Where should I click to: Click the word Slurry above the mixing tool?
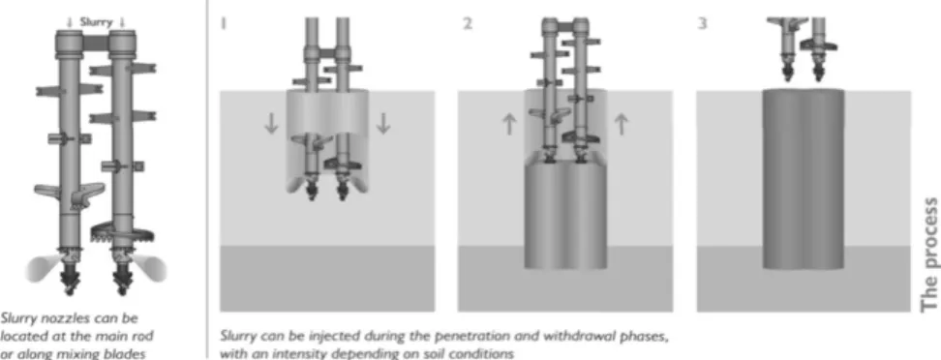click(96, 22)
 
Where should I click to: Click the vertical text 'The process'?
click(929, 255)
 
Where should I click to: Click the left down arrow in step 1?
click(271, 122)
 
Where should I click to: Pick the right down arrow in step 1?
click(382, 122)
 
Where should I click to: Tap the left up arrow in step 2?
click(509, 124)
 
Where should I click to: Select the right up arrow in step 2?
click(622, 124)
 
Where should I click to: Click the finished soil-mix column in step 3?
click(804, 179)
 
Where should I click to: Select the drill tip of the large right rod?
click(122, 282)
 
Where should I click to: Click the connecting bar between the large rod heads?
click(96, 43)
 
